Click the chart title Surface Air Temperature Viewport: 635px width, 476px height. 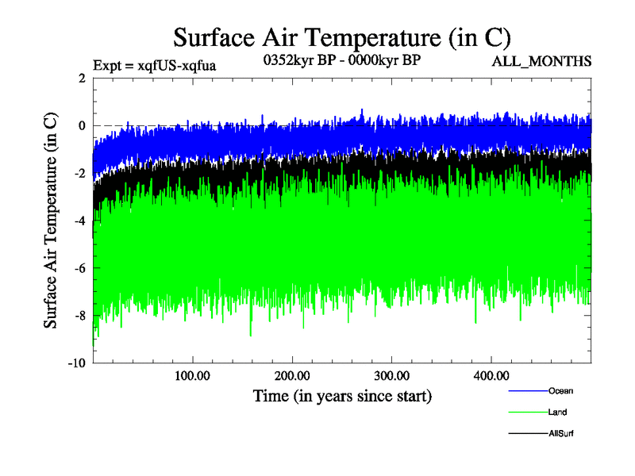point(341,37)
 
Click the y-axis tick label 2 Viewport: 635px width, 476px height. point(82,78)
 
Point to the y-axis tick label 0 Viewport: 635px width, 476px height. point(82,125)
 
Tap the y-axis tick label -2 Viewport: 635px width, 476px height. point(79,173)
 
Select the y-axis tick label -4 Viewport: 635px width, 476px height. point(79,221)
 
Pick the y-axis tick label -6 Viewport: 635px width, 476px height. point(79,268)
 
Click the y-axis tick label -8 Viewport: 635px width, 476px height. point(79,316)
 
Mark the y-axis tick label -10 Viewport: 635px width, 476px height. point(76,363)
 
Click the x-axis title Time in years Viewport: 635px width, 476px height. point(342,394)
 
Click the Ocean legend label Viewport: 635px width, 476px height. point(560,390)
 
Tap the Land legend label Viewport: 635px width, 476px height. point(557,412)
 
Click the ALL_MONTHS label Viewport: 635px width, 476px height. point(542,62)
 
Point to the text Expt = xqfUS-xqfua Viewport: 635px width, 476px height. point(154,65)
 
